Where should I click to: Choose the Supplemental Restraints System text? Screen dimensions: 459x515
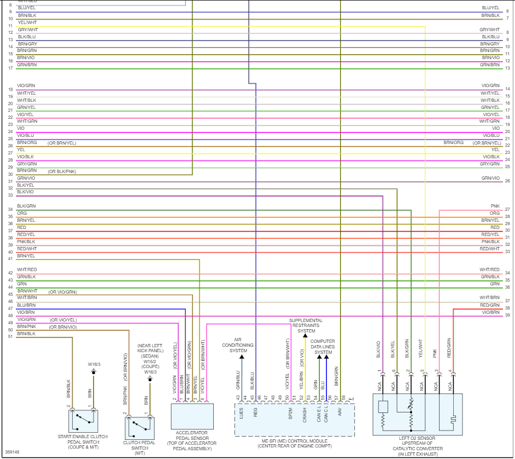[x=306, y=325]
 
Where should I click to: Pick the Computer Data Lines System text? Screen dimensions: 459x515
[x=323, y=347]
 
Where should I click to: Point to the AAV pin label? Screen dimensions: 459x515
[x=340, y=411]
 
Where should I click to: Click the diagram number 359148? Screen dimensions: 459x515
[x=12, y=452]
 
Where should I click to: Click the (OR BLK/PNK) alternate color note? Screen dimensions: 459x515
[x=62, y=171]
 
